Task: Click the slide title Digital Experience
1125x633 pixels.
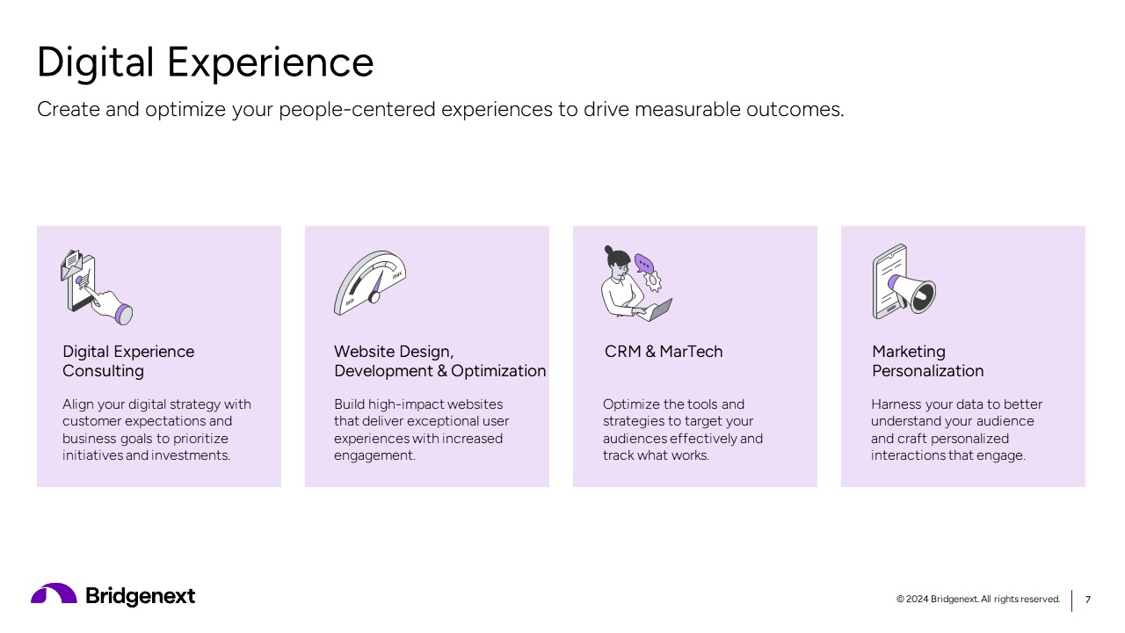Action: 205,62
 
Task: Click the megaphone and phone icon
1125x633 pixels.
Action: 904,282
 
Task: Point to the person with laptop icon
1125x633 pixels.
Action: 635,283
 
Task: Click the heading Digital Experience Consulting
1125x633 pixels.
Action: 128,361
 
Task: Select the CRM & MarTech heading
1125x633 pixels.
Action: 664,352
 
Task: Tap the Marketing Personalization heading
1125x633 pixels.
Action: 927,361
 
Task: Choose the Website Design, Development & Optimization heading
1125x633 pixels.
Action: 439,361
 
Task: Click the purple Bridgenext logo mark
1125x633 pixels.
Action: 54,594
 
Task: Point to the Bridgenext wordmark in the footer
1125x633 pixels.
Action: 141,596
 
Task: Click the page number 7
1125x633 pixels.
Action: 1088,600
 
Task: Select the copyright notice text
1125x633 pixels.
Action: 977,600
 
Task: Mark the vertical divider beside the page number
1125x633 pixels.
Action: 1071,600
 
